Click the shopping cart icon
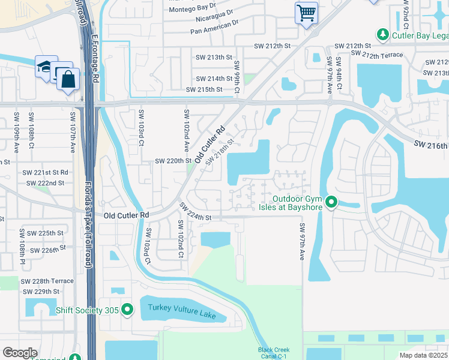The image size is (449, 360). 306,12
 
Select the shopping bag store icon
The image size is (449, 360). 68,79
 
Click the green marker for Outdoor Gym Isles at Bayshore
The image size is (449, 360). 331,204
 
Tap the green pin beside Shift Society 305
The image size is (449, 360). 127,310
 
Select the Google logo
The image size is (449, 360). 20,352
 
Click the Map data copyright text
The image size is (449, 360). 424,355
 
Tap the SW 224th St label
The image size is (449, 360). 195,212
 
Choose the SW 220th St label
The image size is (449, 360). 173,161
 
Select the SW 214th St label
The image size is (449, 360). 214,79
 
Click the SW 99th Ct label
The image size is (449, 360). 237,77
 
